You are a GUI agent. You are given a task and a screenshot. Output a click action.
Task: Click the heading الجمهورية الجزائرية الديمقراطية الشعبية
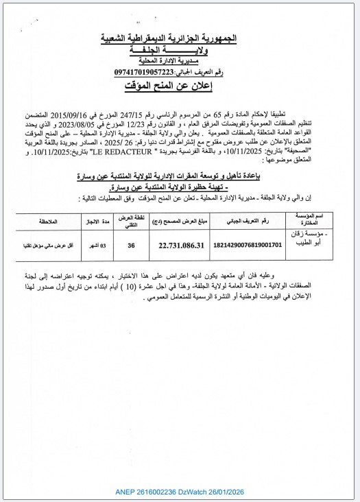(x=180, y=39)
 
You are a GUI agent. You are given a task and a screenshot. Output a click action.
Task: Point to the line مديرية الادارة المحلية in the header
(x=180, y=60)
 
